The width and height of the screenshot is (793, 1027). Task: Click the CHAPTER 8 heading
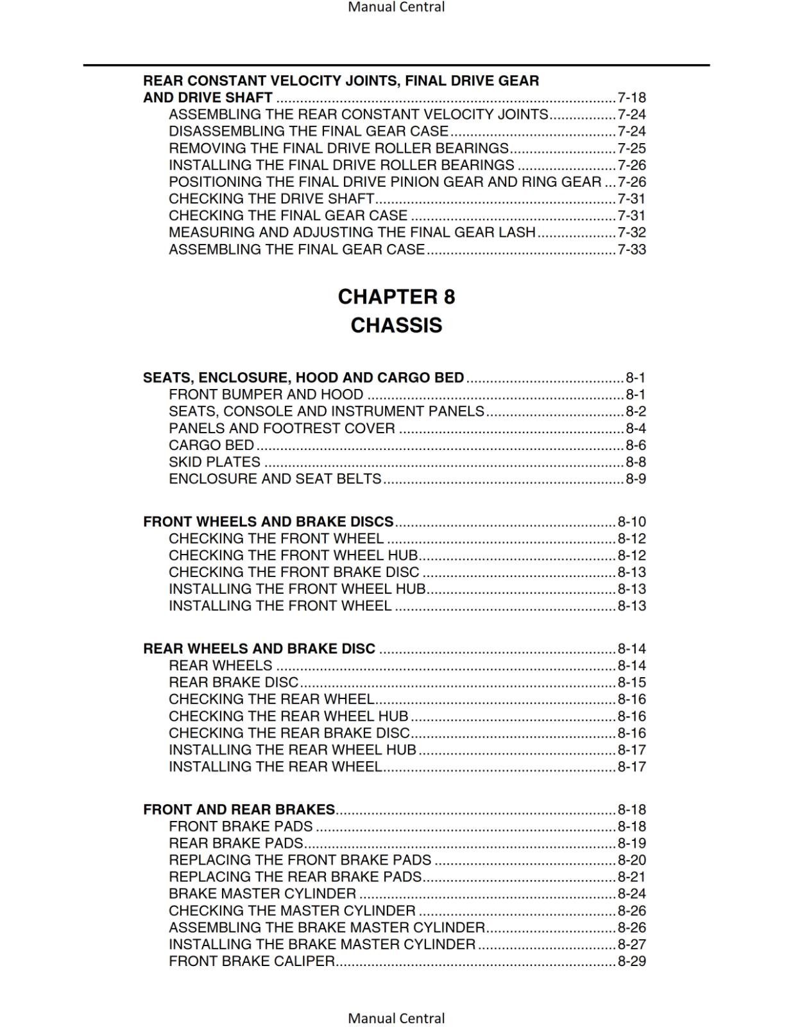[396, 297]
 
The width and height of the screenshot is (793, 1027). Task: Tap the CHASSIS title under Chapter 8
[396, 325]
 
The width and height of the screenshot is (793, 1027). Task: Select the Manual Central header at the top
[396, 7]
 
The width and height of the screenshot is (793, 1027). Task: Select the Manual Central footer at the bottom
[396, 1018]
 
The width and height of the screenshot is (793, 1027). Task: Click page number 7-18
[631, 98]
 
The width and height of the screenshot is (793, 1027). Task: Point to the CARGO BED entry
[211, 445]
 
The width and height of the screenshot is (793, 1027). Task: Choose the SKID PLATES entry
[214, 462]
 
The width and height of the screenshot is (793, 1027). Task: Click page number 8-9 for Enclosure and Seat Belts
[635, 479]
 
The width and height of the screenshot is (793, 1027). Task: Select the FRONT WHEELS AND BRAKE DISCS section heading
[268, 522]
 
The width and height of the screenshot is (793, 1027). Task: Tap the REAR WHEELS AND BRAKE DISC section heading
[259, 649]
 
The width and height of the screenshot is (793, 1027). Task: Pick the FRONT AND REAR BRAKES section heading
[239, 809]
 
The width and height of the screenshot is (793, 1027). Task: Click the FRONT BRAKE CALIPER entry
[252, 962]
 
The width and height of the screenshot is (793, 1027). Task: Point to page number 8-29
[631, 962]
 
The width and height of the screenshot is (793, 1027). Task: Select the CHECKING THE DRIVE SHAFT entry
[271, 199]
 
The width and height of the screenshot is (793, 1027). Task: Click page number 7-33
[631, 249]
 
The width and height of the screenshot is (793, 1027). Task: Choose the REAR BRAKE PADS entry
[235, 843]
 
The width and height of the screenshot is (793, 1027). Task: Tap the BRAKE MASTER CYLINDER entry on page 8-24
[262, 893]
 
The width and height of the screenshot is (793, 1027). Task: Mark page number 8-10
[631, 522]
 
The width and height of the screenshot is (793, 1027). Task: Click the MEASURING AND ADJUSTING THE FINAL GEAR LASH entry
[352, 232]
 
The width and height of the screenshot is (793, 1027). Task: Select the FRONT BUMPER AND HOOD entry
[266, 395]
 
